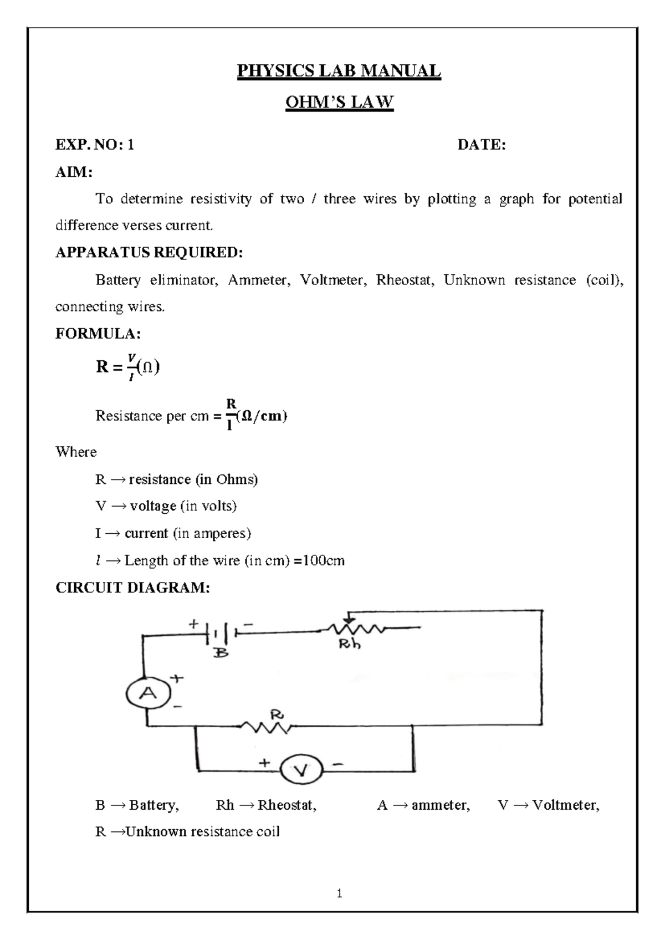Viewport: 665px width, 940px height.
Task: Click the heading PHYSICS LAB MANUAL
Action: (339, 71)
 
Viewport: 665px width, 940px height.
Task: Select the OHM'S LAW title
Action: (339, 103)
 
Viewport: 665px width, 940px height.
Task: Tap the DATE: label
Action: (481, 145)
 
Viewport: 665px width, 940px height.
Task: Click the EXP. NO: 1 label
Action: (95, 145)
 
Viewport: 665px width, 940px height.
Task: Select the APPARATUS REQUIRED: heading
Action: (149, 253)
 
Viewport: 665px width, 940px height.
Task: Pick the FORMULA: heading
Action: (98, 334)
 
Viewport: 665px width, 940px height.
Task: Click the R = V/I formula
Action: (127, 367)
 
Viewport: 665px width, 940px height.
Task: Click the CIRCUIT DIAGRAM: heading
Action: (133, 587)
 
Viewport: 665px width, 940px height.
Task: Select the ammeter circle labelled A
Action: (148, 693)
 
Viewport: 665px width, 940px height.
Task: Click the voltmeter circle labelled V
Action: (301, 770)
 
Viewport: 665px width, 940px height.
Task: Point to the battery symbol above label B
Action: (221, 632)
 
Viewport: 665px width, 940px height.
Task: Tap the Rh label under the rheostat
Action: (350, 645)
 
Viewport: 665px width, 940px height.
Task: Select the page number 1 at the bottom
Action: (339, 893)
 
